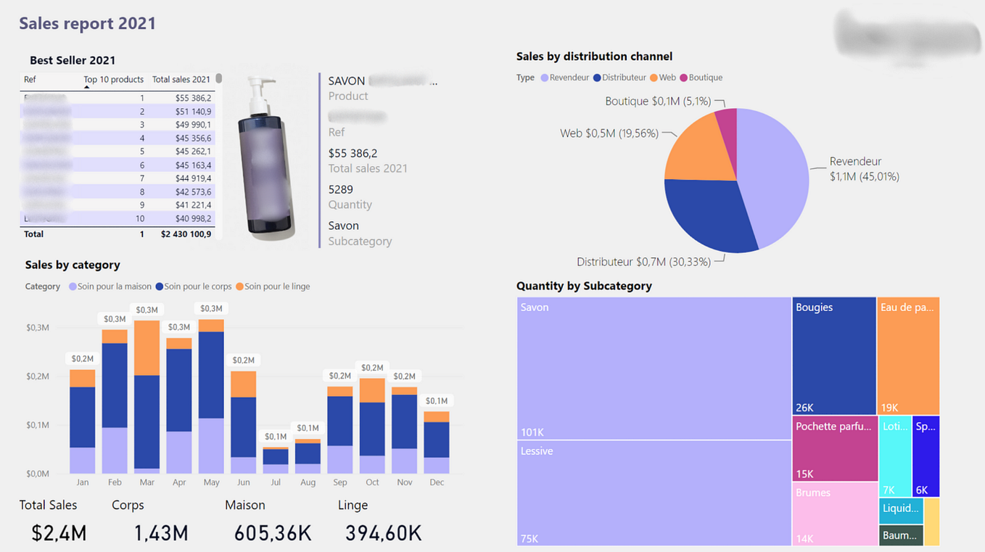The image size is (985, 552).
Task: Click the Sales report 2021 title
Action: (87, 23)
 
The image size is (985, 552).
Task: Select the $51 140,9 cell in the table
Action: (193, 112)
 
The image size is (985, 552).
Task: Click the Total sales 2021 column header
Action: (181, 80)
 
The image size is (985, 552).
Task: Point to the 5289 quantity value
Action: (340, 190)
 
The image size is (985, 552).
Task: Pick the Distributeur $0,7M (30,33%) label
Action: (643, 262)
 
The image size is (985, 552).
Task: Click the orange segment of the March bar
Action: (147, 347)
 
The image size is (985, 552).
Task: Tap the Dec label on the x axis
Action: (437, 482)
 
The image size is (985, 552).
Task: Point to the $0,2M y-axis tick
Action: (38, 376)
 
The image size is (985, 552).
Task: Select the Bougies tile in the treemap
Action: (834, 355)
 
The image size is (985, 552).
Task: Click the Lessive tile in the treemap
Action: (653, 493)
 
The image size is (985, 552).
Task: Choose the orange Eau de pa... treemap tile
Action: (908, 355)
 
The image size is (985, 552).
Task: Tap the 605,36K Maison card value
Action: (273, 534)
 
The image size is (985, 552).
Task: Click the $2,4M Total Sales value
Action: (59, 534)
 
